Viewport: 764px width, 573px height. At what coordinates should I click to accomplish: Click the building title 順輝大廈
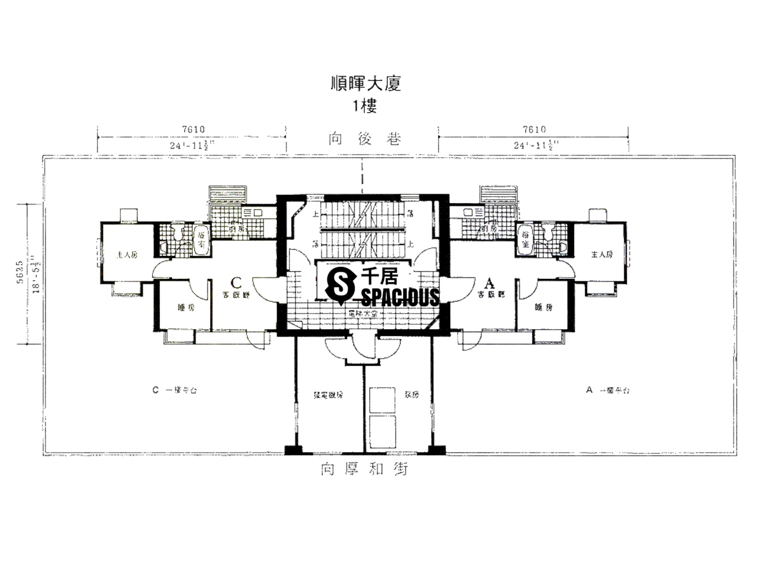(365, 83)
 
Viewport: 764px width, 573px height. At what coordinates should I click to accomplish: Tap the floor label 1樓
(365, 106)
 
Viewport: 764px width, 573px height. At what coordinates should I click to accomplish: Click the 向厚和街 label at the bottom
(364, 470)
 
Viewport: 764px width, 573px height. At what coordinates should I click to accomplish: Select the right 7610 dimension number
(534, 129)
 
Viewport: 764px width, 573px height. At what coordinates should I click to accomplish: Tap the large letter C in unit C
(236, 281)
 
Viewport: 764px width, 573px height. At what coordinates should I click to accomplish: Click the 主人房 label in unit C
(127, 255)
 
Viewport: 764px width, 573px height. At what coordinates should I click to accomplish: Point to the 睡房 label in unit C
(186, 308)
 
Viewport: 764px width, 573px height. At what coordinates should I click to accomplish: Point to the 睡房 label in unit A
(544, 308)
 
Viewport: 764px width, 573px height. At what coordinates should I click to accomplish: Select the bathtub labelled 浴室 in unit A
(525, 240)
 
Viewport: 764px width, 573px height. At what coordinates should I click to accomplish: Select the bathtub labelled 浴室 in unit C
(200, 240)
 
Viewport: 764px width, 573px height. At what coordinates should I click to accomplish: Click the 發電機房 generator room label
(329, 395)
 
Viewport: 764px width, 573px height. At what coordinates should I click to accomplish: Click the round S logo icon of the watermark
(340, 284)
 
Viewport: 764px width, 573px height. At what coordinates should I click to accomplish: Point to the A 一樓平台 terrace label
(607, 390)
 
